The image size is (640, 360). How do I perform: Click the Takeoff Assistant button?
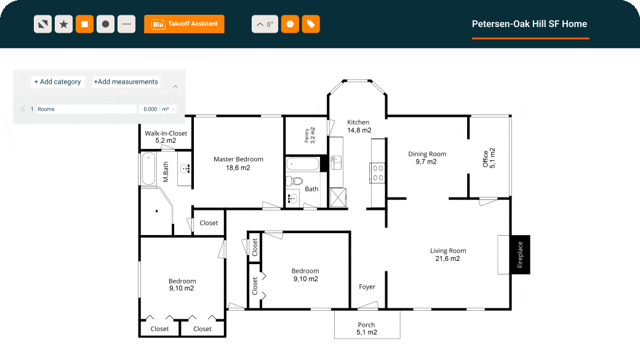(x=184, y=24)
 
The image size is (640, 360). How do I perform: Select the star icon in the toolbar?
(x=63, y=24)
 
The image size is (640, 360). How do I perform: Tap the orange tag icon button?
(x=311, y=24)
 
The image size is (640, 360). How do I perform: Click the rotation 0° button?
(x=265, y=24)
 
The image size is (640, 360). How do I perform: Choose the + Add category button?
(x=58, y=82)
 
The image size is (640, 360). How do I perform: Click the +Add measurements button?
(x=126, y=82)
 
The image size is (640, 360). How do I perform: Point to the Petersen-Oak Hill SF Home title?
(x=529, y=24)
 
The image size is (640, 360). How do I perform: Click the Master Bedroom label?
(x=238, y=163)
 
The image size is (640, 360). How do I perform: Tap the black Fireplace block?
(x=520, y=255)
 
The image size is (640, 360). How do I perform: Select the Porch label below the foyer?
(x=367, y=329)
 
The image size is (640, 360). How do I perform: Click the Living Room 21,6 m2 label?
(x=448, y=255)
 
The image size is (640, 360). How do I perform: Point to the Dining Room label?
(x=427, y=158)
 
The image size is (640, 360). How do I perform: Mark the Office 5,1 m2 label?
(x=489, y=158)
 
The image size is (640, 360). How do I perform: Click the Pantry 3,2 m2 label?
(x=310, y=135)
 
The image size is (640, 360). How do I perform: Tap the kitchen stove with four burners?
(x=378, y=173)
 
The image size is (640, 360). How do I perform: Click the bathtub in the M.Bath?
(x=148, y=169)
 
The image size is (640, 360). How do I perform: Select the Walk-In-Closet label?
(x=166, y=137)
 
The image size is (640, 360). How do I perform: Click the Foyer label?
(x=367, y=287)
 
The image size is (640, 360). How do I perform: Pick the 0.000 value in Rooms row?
(x=150, y=110)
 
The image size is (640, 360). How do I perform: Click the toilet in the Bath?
(x=294, y=181)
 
